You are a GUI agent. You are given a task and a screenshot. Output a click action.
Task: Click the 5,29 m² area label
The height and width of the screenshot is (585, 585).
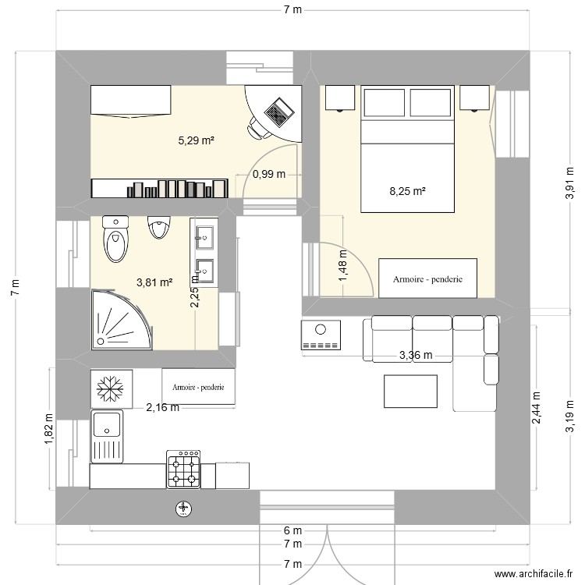196,140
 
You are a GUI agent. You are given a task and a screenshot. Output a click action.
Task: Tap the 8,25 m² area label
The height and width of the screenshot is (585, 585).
407,191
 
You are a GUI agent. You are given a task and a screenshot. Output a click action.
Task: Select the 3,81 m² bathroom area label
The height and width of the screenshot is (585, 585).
154,282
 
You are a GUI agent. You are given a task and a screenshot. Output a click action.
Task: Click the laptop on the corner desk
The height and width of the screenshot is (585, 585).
278,112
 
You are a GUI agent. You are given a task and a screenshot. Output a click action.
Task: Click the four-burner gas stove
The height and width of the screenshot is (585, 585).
183,469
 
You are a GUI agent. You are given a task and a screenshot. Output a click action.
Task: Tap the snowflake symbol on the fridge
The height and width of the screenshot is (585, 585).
110,388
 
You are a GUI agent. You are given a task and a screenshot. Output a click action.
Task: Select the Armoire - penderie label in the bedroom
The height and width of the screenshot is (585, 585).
427,279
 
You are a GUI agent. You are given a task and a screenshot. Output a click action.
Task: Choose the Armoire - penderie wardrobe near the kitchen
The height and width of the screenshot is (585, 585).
198,387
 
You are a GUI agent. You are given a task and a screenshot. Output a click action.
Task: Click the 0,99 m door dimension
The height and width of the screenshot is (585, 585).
269,174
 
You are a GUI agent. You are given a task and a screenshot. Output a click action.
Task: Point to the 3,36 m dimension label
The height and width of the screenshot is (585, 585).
416,355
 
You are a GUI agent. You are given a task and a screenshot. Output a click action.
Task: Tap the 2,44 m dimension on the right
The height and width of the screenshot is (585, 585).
536,408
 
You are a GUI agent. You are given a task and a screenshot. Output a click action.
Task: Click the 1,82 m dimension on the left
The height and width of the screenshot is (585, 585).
49,429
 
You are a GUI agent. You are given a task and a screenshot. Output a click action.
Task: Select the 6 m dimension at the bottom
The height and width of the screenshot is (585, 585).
292,530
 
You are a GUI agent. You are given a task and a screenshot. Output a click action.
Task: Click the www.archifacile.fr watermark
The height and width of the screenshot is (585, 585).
534,574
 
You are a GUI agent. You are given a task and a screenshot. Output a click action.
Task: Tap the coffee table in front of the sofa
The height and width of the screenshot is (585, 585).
410,392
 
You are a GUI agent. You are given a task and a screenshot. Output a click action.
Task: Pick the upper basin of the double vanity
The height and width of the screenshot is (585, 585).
204,237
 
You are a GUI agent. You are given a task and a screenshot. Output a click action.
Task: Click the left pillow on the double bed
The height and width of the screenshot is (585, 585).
385,103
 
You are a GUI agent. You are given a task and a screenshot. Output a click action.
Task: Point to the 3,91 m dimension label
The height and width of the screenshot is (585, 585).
569,183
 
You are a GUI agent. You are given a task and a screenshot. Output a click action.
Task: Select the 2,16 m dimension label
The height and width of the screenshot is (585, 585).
162,407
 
